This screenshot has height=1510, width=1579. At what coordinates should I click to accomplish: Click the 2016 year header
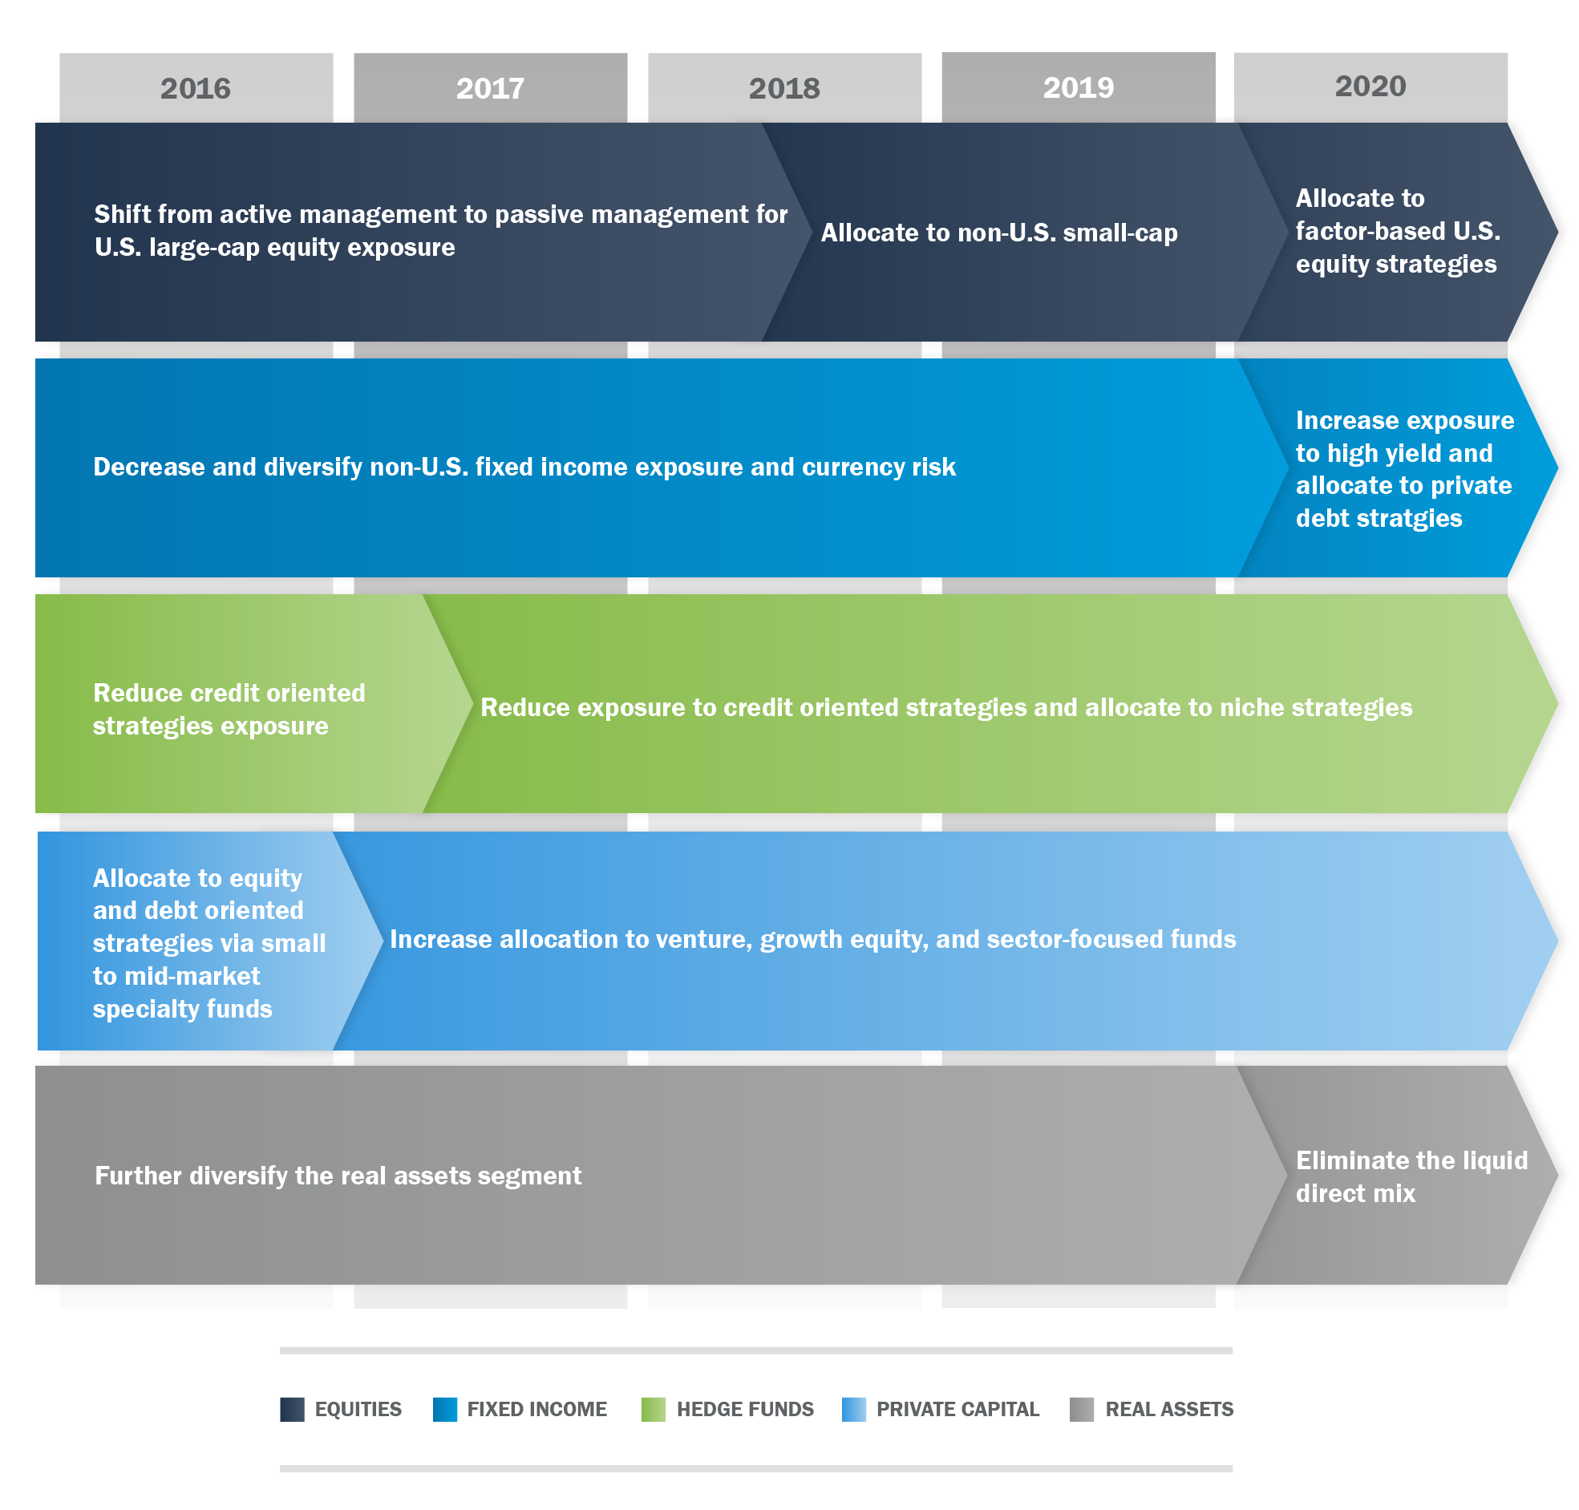(196, 87)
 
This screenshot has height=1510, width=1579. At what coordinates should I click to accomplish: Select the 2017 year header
(490, 87)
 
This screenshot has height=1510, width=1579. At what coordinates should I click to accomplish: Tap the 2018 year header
(783, 87)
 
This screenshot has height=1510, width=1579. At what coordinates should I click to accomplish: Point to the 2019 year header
(1079, 87)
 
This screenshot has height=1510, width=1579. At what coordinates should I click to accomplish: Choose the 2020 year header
(1370, 85)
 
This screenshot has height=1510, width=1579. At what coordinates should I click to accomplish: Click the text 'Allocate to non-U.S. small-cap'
(998, 233)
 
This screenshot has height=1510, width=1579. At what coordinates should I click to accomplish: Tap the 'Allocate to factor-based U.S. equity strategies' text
(1398, 231)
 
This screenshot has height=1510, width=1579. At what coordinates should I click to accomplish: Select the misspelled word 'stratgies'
(1409, 518)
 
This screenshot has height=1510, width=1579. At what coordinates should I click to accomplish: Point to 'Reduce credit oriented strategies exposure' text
(229, 709)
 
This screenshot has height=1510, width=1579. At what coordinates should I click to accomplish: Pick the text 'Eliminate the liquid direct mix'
(1411, 1176)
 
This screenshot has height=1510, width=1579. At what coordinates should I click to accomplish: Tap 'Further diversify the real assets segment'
(338, 1176)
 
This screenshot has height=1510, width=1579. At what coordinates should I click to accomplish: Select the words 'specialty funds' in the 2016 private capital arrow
(183, 1010)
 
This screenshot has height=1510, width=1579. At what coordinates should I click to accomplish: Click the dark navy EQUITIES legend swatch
(292, 1410)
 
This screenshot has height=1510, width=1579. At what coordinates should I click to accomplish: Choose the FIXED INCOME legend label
(536, 1410)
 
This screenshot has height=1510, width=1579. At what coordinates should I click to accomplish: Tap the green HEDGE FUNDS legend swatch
(654, 1410)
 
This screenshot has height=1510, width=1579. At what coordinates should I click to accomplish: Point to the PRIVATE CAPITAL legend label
(958, 1410)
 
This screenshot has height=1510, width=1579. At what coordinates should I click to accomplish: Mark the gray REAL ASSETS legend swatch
(1082, 1410)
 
